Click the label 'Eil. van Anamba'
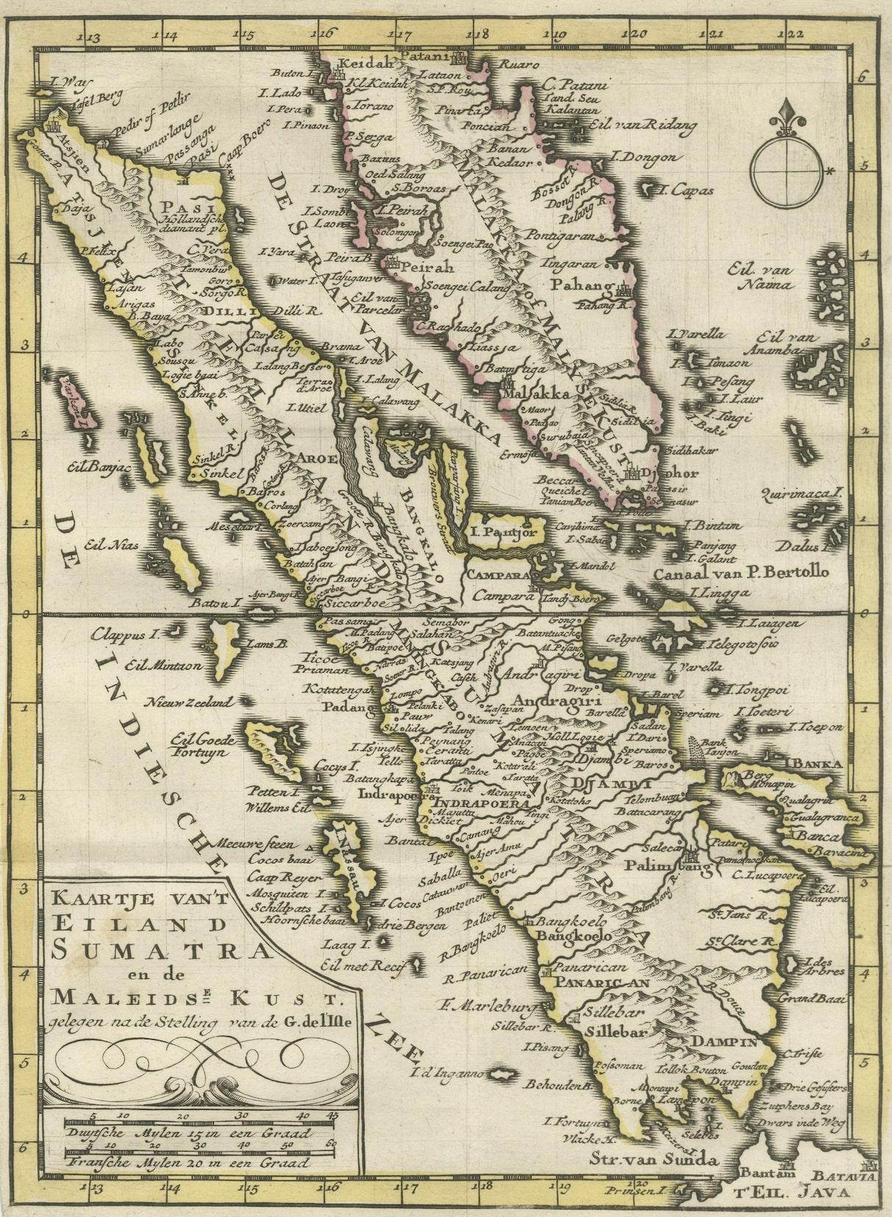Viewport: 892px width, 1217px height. point(781,343)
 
